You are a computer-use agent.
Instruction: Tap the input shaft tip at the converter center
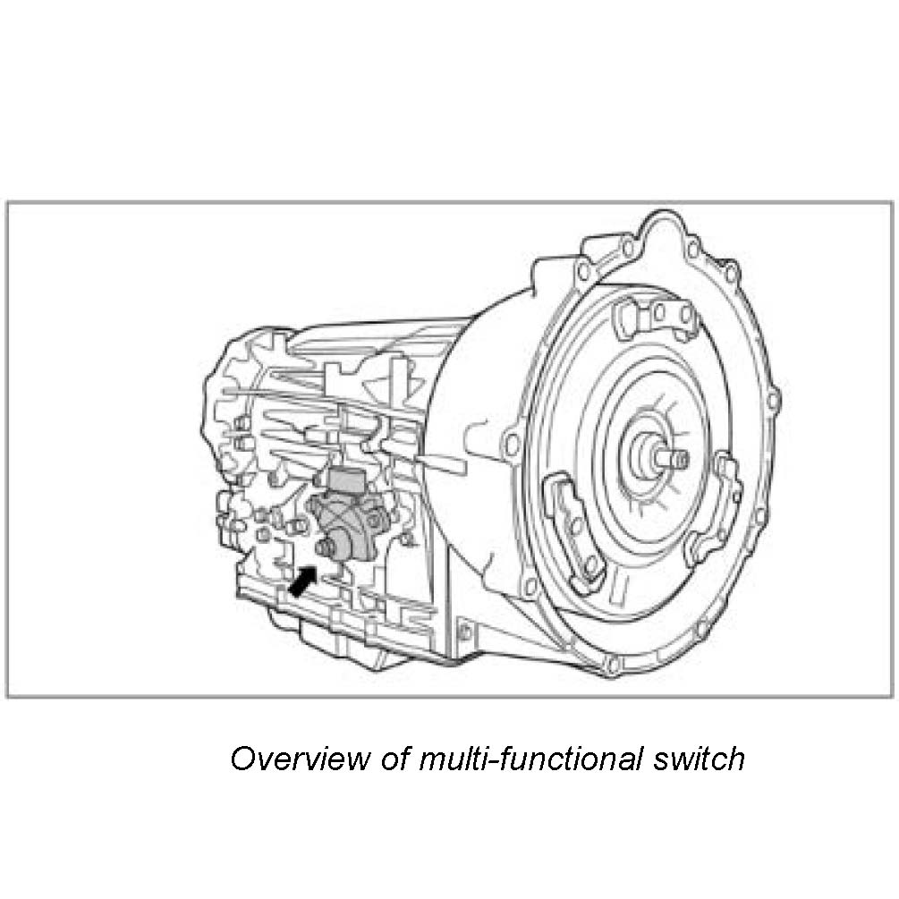point(680,459)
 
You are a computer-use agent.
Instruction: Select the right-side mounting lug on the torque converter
point(720,510)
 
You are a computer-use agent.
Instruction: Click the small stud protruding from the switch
point(323,547)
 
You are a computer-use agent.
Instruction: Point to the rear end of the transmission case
point(228,447)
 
